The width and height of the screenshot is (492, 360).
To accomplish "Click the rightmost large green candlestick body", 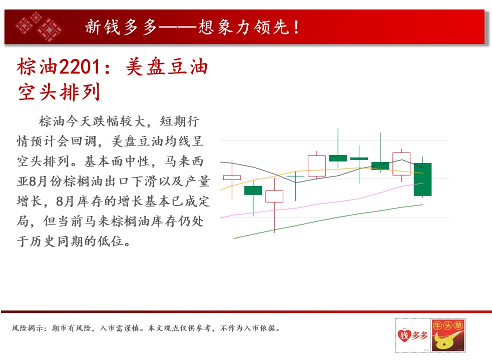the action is (422, 179).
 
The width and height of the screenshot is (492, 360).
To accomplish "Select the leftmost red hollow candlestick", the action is (232, 177).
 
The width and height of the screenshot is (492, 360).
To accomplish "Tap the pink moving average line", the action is (322, 202).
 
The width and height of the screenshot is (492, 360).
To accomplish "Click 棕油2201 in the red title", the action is (59, 67).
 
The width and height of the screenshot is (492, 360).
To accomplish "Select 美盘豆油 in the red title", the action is (167, 67).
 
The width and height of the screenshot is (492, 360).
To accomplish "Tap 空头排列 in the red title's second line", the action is (59, 92).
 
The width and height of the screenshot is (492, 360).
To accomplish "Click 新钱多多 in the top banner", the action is (121, 27).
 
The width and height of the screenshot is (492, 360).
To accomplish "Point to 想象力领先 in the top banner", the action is (243, 27).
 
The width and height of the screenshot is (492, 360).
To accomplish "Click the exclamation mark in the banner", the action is (296, 27).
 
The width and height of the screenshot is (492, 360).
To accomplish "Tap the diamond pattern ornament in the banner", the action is (39, 27).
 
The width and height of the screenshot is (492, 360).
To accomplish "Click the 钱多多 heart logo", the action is (412, 335).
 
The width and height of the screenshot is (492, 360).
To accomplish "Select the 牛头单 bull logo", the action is (448, 335).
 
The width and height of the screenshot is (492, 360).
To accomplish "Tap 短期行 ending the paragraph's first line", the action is (180, 121).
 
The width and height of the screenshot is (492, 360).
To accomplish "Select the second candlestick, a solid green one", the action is (253, 190).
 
